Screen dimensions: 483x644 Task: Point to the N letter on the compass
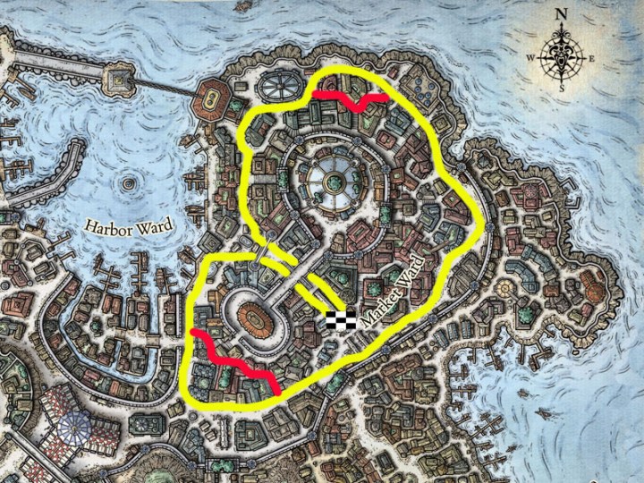point(562,13)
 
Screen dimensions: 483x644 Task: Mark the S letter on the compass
point(562,88)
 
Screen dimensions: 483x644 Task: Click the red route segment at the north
point(349,99)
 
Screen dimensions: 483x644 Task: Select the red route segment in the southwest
point(234,360)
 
